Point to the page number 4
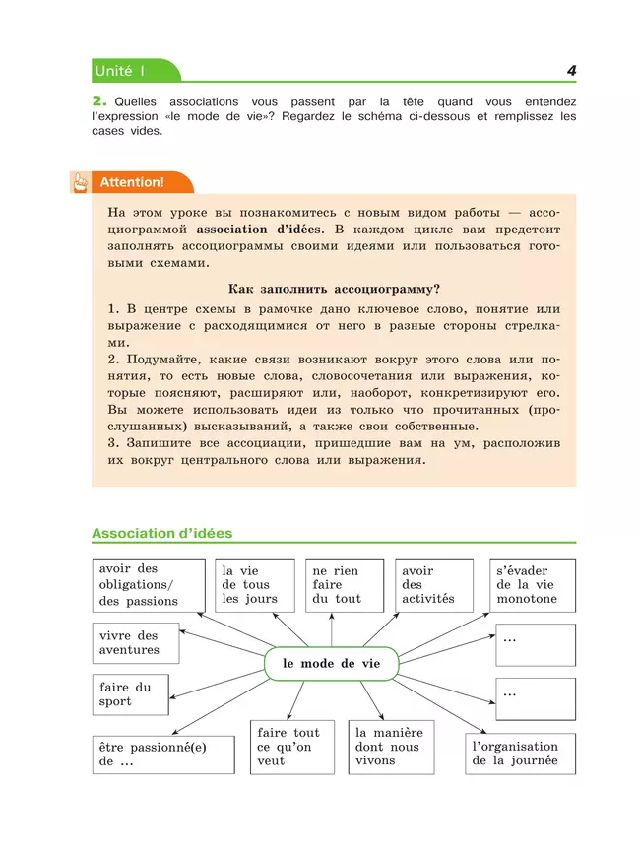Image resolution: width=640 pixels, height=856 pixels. click(x=570, y=71)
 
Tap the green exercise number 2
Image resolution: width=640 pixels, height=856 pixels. click(x=98, y=101)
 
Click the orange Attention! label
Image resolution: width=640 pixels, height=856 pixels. click(x=131, y=182)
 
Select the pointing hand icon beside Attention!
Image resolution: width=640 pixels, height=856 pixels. click(x=78, y=182)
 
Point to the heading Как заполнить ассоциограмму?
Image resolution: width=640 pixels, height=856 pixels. click(x=333, y=289)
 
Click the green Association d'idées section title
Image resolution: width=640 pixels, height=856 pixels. click(x=162, y=533)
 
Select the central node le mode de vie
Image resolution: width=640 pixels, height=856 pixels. click(x=332, y=664)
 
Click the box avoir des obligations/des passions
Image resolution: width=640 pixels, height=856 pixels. click(x=149, y=585)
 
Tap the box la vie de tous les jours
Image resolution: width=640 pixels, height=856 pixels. click(x=255, y=585)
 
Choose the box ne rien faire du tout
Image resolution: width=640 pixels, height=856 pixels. click(x=341, y=585)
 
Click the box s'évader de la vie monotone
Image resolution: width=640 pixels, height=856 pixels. click(x=533, y=585)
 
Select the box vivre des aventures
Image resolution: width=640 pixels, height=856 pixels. click(x=136, y=643)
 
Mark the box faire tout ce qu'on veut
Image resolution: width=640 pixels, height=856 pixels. click(x=291, y=748)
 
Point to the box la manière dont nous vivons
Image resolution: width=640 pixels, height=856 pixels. click(x=391, y=748)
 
